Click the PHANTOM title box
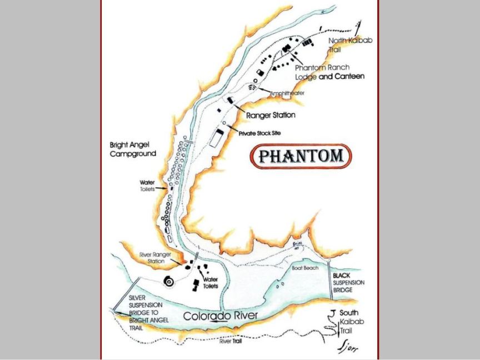301,156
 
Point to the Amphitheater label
287,93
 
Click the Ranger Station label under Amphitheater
271,116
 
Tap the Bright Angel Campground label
133,148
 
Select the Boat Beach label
304,268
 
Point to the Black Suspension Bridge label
349,282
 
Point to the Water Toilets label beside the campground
147,185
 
